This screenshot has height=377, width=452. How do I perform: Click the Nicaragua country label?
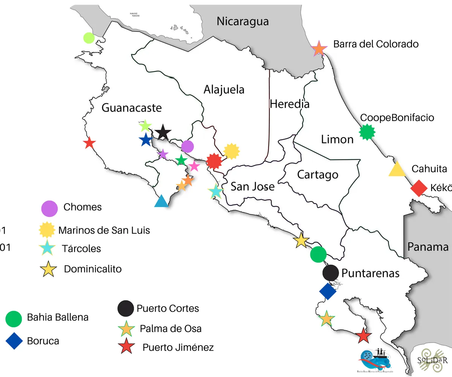243,21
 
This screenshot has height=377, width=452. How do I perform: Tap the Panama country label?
428,247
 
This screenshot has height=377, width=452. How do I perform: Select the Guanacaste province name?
132,108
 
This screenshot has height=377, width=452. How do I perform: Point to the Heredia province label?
289,104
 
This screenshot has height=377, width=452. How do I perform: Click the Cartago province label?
318,175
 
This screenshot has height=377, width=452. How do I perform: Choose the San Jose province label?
252,186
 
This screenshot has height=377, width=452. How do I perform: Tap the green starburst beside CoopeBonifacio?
366,132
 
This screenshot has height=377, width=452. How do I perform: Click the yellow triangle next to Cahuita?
397,170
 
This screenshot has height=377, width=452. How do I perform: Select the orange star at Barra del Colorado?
319,49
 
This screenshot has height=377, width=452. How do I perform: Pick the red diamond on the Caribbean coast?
418,188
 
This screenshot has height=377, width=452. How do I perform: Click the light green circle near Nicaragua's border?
89,38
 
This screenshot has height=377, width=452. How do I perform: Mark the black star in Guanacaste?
163,132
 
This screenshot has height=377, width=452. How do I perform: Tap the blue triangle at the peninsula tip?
161,201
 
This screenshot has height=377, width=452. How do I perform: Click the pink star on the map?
194,166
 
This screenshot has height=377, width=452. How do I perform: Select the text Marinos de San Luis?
104,230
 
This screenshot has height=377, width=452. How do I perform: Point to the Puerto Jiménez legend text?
178,347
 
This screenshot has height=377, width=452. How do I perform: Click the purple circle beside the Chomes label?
49,208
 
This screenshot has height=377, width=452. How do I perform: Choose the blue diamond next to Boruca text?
14,341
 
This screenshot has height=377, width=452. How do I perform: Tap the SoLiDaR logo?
432,359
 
